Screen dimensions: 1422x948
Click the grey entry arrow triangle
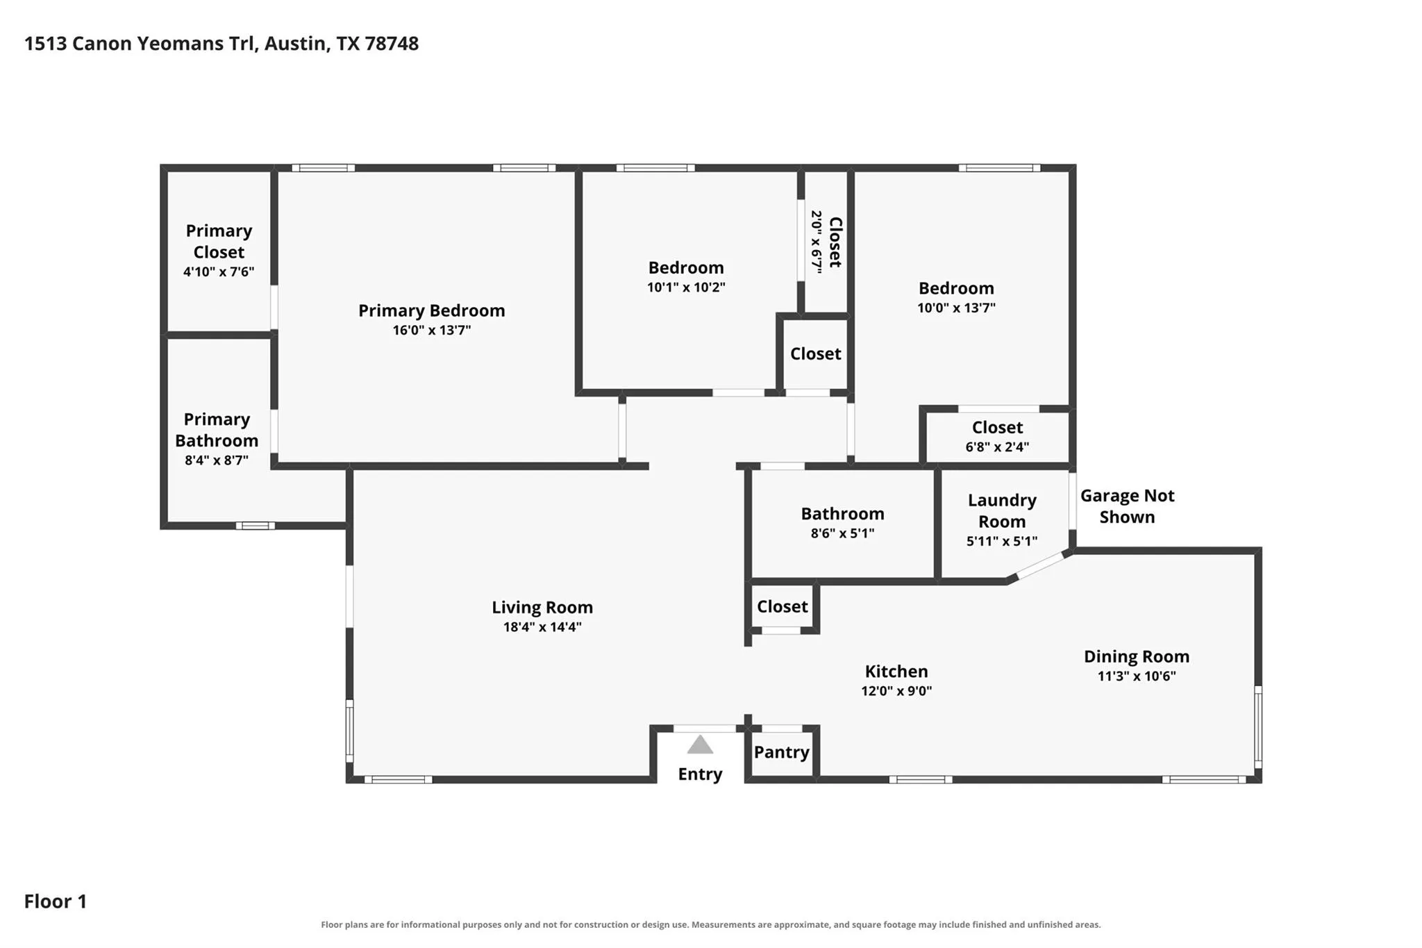coord(700,745)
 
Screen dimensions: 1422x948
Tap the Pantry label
coord(782,752)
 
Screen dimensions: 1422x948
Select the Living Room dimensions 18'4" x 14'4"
coord(542,627)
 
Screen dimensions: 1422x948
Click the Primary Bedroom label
coord(431,310)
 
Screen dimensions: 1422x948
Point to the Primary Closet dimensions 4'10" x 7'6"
coord(219,272)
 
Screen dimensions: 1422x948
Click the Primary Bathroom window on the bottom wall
coord(256,526)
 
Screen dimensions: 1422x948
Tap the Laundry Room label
coord(1002,510)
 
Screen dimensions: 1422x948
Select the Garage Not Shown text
coord(1127,506)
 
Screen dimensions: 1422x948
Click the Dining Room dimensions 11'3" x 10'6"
coord(1137,676)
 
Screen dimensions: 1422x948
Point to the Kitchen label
coord(896,672)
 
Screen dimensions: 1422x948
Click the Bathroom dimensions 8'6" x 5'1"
coord(842,533)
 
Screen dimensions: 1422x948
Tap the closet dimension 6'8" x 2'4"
coord(997,447)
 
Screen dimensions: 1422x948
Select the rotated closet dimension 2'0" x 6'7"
coord(817,242)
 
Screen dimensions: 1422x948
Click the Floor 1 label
coord(56,901)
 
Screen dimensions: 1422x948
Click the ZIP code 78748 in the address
coord(392,44)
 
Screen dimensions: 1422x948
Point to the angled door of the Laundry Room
coord(1039,565)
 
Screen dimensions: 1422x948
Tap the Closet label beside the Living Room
coord(783,606)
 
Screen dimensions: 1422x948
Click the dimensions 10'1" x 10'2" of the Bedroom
coord(686,288)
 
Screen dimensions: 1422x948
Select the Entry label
coord(700,774)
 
